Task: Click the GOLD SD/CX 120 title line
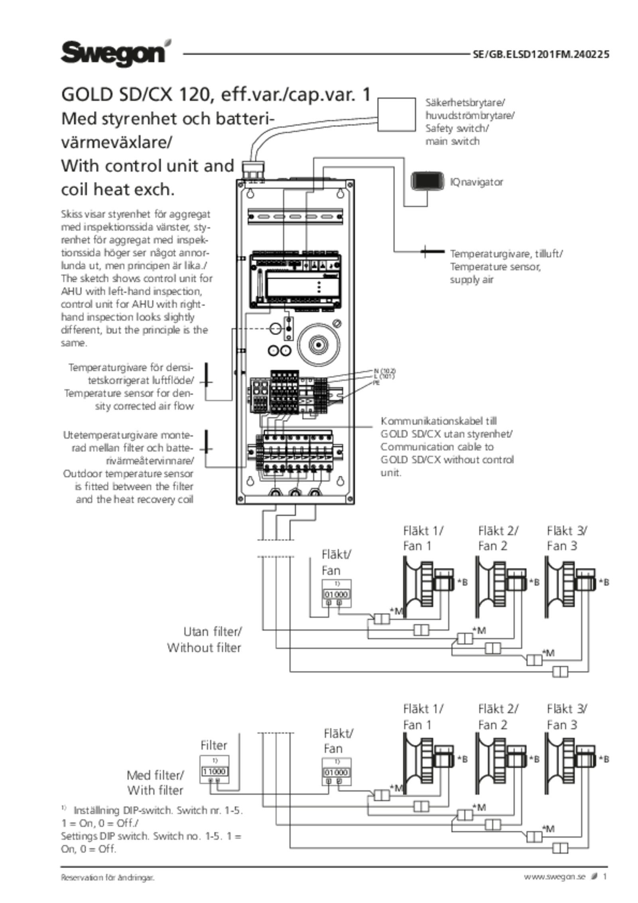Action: pyautogui.click(x=215, y=95)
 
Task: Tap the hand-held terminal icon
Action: pyautogui.click(x=428, y=181)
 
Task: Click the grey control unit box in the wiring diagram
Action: pyautogui.click(x=260, y=394)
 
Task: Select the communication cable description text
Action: pyautogui.click(x=447, y=446)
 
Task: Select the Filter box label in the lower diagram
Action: pyautogui.click(x=215, y=745)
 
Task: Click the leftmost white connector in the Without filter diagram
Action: pyautogui.click(x=382, y=619)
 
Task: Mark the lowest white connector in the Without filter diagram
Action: pyautogui.click(x=560, y=672)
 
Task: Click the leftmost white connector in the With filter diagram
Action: pyautogui.click(x=382, y=795)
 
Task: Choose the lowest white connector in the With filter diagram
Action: pyautogui.click(x=560, y=848)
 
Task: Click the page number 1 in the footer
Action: pyautogui.click(x=605, y=876)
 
